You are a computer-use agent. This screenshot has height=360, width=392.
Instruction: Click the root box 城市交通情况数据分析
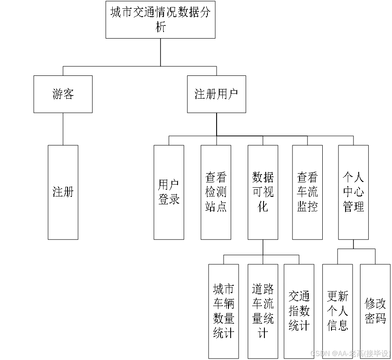coord(160,20)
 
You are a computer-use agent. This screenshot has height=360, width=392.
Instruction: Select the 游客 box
coord(63,94)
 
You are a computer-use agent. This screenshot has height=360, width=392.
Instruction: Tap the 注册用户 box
coord(216,94)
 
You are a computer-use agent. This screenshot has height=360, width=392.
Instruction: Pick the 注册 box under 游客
coord(63,192)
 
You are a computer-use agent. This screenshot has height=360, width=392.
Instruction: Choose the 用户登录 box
coord(169,192)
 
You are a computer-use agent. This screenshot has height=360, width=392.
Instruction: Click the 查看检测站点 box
coord(216,192)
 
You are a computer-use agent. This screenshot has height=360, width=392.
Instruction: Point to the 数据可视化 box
coord(263,192)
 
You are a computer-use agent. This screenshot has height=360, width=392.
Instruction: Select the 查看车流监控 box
coord(307,192)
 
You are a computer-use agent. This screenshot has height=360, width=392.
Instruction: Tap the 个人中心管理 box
coord(353,192)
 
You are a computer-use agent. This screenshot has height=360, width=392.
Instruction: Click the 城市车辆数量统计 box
coord(224,311)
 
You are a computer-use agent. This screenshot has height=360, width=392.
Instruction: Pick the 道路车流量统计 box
coord(263,311)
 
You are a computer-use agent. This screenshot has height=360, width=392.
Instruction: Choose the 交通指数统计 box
coord(299,311)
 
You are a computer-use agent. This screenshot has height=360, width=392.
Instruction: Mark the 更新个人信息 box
coord(338,311)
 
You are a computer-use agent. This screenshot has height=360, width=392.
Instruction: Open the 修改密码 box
coord(375,311)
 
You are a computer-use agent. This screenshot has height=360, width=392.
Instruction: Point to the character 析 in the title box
coord(161,27)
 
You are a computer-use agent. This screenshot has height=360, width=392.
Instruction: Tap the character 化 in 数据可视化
coord(263,206)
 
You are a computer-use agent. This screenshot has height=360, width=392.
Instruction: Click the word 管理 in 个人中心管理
coord(353,206)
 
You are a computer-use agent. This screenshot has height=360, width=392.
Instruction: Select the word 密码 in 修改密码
coord(375,318)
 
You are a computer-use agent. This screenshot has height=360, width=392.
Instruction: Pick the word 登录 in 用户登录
coord(169,199)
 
